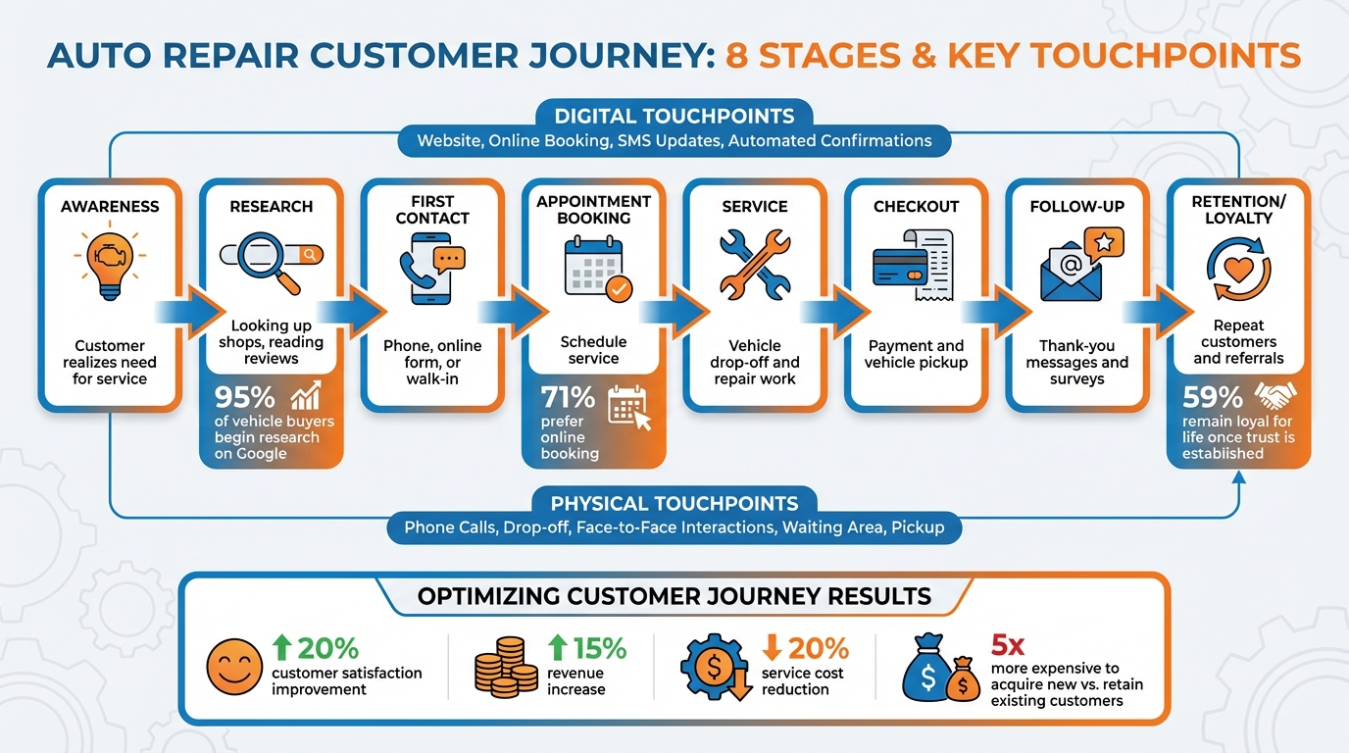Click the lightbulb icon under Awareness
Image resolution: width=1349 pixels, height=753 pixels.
point(109,260)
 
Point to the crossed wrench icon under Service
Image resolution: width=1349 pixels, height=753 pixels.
point(755,263)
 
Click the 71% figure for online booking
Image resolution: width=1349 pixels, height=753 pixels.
point(568,397)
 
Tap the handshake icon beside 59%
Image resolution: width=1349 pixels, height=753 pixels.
point(1275,396)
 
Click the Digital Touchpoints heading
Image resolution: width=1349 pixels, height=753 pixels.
point(674,115)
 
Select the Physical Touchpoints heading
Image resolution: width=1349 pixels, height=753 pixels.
point(674,503)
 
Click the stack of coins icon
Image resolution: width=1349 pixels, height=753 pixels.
point(506,667)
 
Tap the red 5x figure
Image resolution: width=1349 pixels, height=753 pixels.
point(1008,645)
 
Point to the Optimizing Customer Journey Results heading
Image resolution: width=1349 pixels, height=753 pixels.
point(674,596)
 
